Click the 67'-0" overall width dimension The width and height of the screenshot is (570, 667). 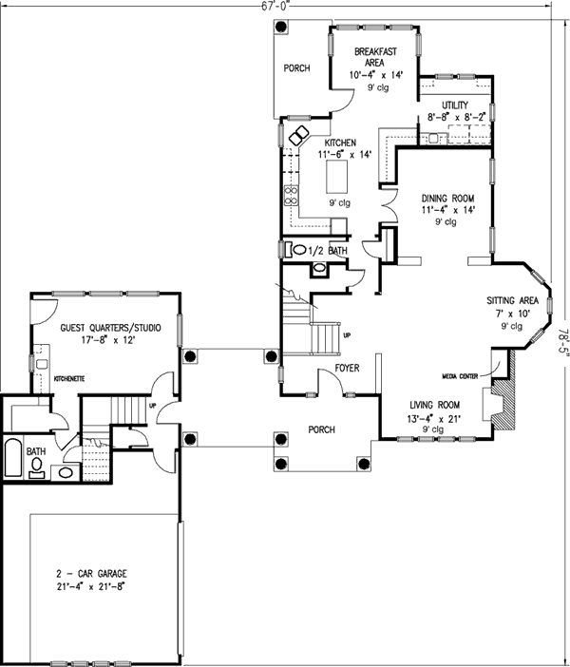tap(276, 6)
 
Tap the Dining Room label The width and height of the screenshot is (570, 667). tap(447, 199)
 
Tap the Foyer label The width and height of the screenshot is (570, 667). tap(345, 368)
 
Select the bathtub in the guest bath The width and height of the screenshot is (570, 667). tap(13, 459)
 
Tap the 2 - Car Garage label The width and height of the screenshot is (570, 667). tap(91, 574)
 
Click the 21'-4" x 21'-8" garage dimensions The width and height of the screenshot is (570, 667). tap(91, 587)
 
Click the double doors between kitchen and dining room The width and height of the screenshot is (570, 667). tap(387, 200)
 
